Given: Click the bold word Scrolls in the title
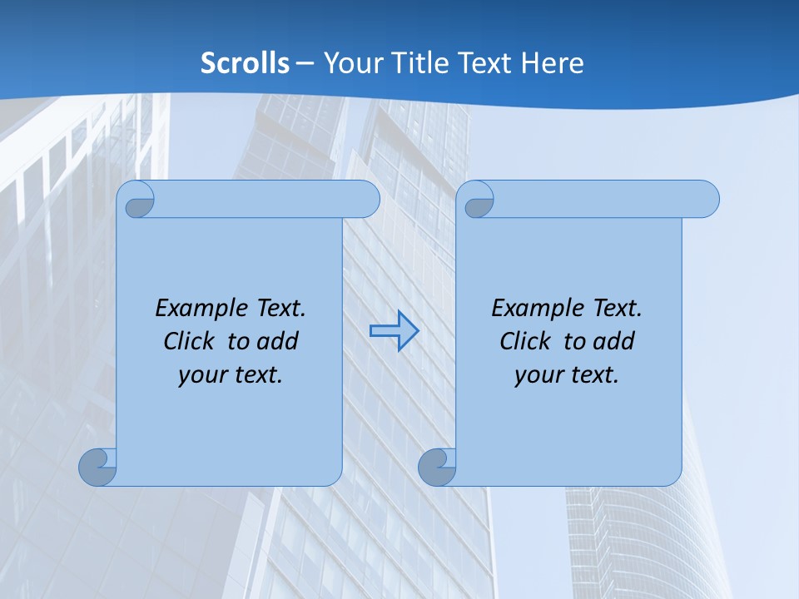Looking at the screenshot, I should (x=246, y=63).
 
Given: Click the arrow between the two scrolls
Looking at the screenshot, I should (x=394, y=331).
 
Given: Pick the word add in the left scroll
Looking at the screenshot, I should (x=277, y=341).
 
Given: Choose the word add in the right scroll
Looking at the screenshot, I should (x=613, y=341).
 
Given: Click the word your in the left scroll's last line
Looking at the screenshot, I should (x=202, y=375).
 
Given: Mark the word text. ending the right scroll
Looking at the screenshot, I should (x=593, y=375).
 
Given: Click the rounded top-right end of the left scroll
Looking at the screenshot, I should (x=366, y=199).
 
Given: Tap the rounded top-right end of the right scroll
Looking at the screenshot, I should (x=706, y=199).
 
